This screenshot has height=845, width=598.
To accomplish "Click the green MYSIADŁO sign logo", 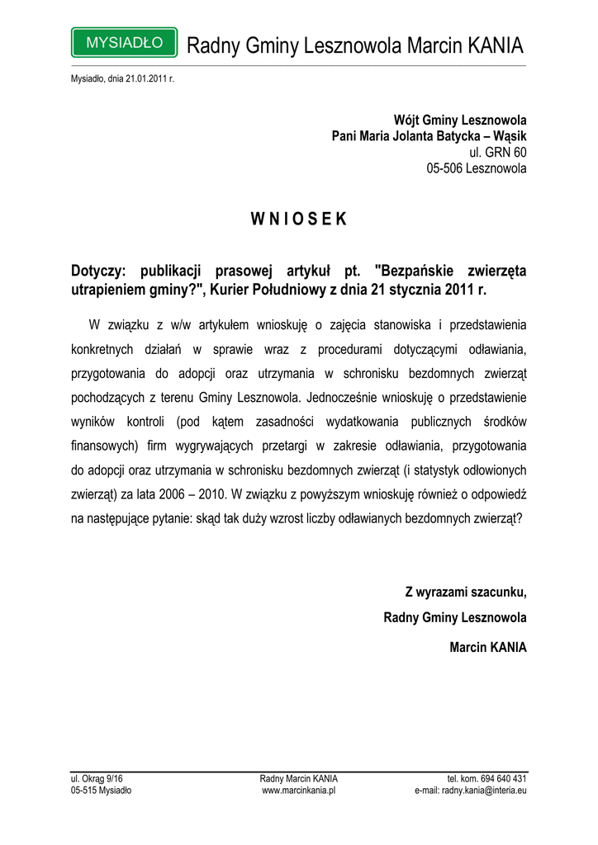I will [124, 42].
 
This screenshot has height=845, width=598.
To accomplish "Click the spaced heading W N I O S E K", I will [298, 220].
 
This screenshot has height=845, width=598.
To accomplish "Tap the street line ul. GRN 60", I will [498, 153].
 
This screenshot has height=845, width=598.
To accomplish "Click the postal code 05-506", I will [444, 169].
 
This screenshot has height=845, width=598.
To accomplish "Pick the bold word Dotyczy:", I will [97, 271].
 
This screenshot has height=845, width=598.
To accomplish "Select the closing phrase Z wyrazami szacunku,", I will [466, 592].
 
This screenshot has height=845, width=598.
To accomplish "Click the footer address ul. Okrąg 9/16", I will [97, 778].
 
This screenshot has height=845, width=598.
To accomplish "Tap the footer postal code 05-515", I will [84, 790].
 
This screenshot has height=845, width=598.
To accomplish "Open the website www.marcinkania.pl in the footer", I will [298, 790].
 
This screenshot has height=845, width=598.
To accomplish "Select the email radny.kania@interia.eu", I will [484, 790].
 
